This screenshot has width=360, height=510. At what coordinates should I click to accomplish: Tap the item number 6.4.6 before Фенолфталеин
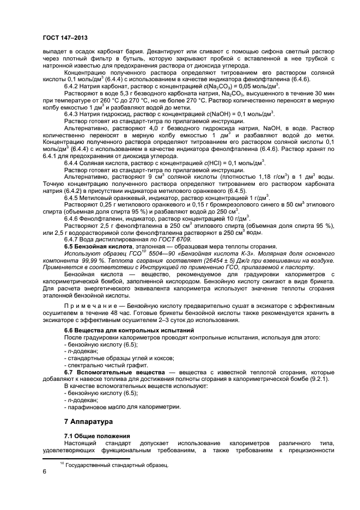click(74, 233)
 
